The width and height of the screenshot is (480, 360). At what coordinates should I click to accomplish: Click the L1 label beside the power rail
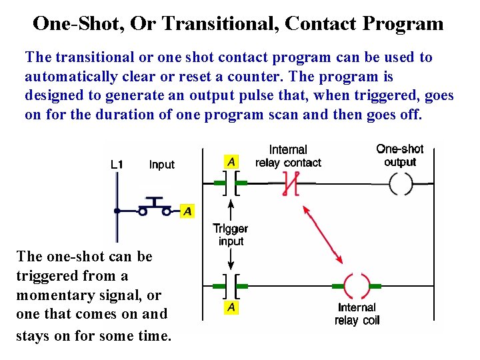117,164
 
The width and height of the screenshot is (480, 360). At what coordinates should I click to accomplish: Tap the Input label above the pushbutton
162,164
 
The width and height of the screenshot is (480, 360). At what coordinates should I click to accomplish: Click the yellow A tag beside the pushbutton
188,211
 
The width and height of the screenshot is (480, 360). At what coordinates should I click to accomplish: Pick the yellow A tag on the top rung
231,161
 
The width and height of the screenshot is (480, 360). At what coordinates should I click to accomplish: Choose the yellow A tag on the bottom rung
231,307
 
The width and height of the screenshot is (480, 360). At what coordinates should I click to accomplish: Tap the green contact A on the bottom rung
231,287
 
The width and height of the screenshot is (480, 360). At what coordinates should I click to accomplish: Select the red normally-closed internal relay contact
289,183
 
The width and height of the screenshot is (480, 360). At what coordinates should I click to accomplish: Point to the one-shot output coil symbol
400,183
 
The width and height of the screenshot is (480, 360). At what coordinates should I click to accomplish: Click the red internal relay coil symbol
357,287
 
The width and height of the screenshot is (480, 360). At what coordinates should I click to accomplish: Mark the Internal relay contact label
288,156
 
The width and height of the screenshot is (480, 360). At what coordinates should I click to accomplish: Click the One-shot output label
400,155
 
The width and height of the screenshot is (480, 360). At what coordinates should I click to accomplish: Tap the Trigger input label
231,235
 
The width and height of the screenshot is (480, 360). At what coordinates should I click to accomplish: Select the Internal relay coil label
357,313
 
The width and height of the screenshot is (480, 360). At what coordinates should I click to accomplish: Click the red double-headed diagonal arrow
323,234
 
